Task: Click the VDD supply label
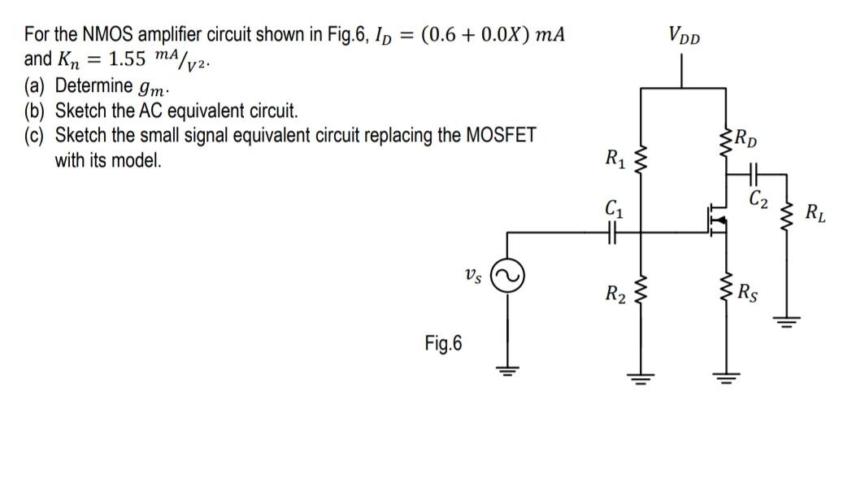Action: [686, 37]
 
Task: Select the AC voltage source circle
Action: [511, 279]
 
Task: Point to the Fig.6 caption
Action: [442, 343]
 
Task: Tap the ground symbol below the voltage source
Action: [511, 372]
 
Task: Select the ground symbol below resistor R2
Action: [643, 376]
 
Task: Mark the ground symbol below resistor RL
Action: [787, 321]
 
